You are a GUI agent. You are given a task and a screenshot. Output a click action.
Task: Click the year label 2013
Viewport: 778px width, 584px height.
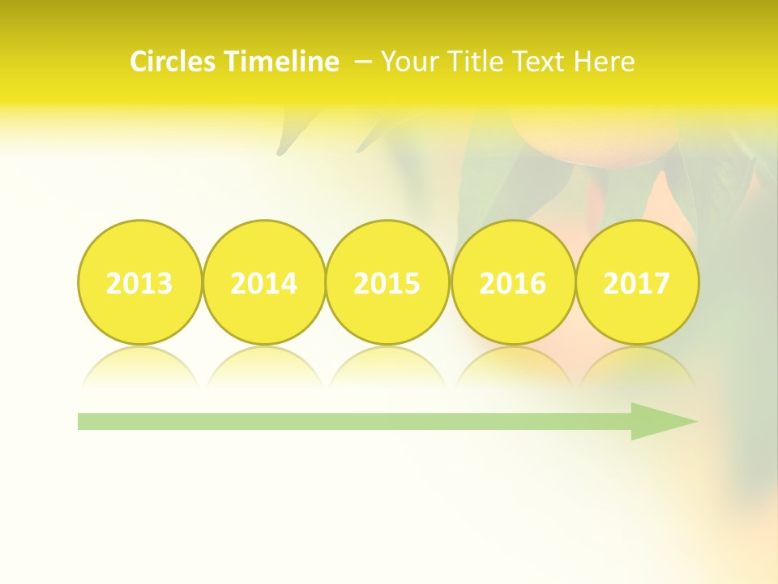[139, 283]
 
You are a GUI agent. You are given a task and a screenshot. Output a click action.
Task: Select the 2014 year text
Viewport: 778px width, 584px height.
[263, 283]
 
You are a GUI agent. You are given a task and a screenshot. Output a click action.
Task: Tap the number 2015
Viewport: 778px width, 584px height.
[387, 283]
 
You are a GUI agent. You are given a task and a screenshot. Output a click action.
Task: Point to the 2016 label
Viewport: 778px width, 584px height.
[512, 283]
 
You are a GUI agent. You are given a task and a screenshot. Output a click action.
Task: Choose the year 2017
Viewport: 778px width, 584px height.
[636, 283]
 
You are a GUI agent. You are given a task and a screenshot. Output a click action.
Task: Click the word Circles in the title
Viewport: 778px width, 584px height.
[174, 62]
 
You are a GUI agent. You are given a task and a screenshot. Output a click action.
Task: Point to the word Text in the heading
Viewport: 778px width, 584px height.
[540, 62]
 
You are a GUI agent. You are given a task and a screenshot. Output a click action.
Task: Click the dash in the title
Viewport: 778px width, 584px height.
[363, 62]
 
